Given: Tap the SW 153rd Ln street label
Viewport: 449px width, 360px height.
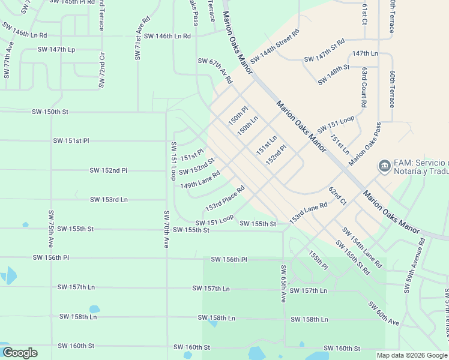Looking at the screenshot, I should point(109,199).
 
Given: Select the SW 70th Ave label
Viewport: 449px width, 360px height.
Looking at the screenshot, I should point(167,229).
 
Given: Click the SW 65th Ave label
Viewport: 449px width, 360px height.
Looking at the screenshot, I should point(283,283).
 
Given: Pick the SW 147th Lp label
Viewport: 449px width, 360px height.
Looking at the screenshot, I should point(56,50).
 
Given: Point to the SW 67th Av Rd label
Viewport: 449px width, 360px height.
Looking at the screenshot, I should point(215,70).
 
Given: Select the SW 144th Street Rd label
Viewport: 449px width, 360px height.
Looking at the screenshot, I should point(274,46).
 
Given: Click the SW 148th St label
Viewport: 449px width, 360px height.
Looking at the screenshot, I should point(334,75).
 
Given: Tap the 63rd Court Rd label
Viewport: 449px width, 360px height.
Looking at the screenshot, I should point(364,87).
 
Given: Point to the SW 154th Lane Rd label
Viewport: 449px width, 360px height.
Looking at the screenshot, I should point(362,247).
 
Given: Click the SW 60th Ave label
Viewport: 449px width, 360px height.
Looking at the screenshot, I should point(384,314).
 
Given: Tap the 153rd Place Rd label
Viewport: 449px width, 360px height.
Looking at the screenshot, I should point(225,198).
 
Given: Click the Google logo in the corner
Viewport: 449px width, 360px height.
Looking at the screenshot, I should point(20,353).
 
